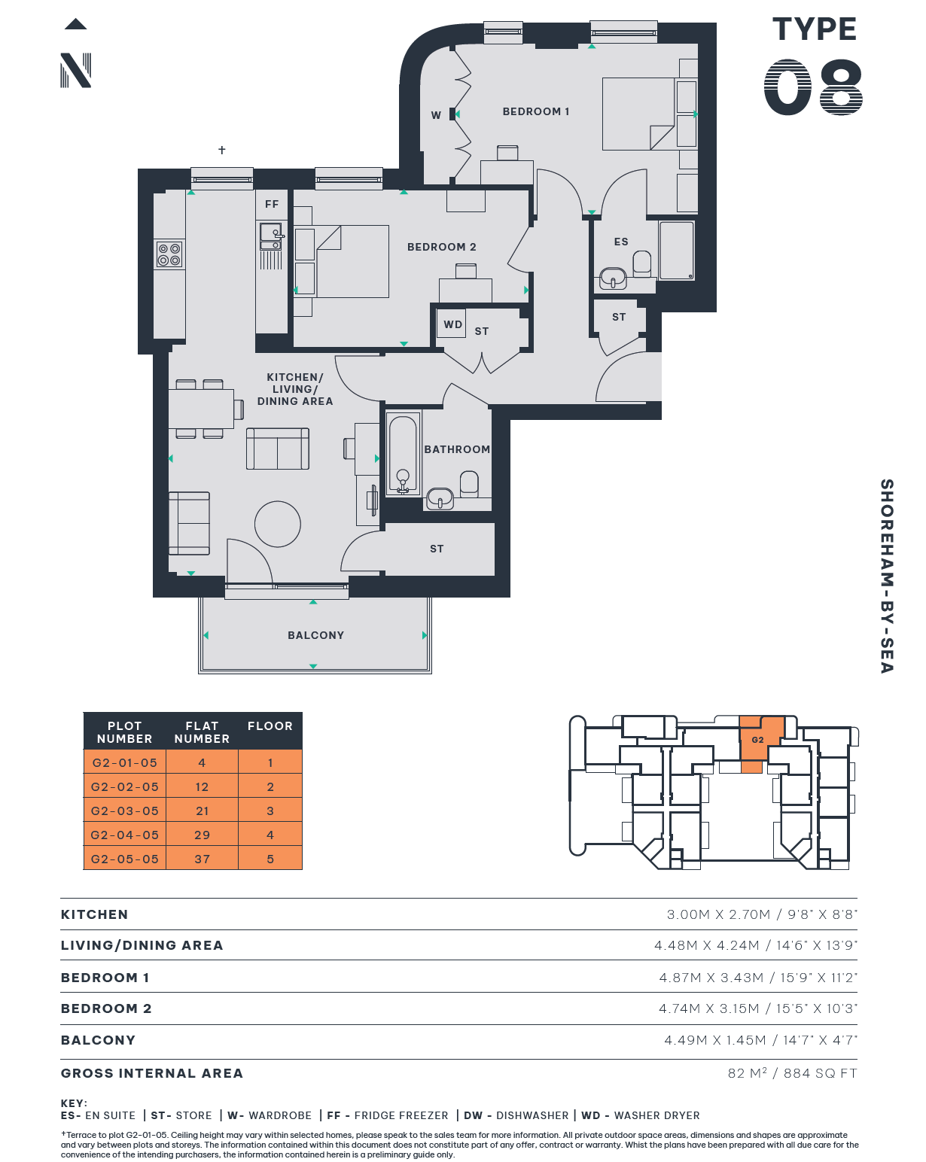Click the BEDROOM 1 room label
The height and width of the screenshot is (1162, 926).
(x=535, y=112)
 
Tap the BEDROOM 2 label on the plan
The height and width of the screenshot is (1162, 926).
(x=441, y=247)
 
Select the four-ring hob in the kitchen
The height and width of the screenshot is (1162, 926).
(x=169, y=254)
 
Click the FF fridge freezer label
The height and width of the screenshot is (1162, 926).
(x=271, y=204)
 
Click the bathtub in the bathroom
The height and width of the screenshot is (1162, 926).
(x=403, y=455)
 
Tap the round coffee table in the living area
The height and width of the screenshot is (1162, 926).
(x=278, y=524)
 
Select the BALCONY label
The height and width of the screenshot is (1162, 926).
(x=315, y=635)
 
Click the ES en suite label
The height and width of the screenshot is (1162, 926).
(x=621, y=242)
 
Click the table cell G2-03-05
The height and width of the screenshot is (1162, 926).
(x=125, y=811)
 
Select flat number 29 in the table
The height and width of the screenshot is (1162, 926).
(x=202, y=835)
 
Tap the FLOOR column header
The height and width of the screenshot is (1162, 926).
(x=270, y=725)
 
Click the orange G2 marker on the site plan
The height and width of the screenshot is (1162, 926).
(x=758, y=739)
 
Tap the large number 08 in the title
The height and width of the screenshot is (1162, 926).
(x=813, y=87)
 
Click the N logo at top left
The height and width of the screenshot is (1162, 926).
(x=75, y=70)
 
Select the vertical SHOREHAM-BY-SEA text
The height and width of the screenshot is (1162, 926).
(x=887, y=576)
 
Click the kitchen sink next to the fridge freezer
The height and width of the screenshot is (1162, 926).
(x=271, y=237)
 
